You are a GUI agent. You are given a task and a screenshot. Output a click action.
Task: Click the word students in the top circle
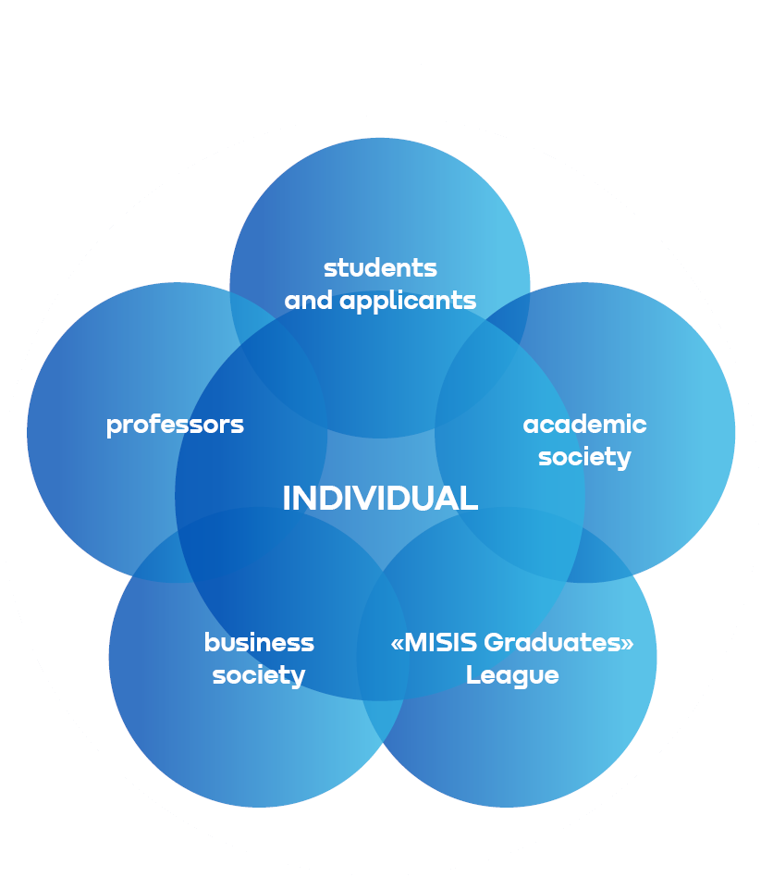tap(380, 268)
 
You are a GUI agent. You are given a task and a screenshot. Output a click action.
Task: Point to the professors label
tap(175, 425)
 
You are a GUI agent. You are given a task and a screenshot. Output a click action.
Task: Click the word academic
tap(584, 425)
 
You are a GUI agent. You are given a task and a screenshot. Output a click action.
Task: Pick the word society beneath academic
tap(584, 457)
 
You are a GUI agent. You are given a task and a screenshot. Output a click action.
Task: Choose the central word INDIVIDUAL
tap(380, 499)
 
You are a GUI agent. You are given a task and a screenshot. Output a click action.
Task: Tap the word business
tap(259, 642)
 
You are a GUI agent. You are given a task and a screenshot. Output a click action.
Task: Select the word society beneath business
tap(259, 675)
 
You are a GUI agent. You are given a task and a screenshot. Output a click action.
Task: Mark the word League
tap(512, 675)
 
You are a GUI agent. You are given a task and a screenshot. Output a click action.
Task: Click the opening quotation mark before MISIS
tap(398, 644)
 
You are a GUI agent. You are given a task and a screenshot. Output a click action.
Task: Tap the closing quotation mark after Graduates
tap(628, 644)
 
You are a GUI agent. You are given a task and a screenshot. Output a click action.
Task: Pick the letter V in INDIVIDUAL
tap(370, 499)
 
